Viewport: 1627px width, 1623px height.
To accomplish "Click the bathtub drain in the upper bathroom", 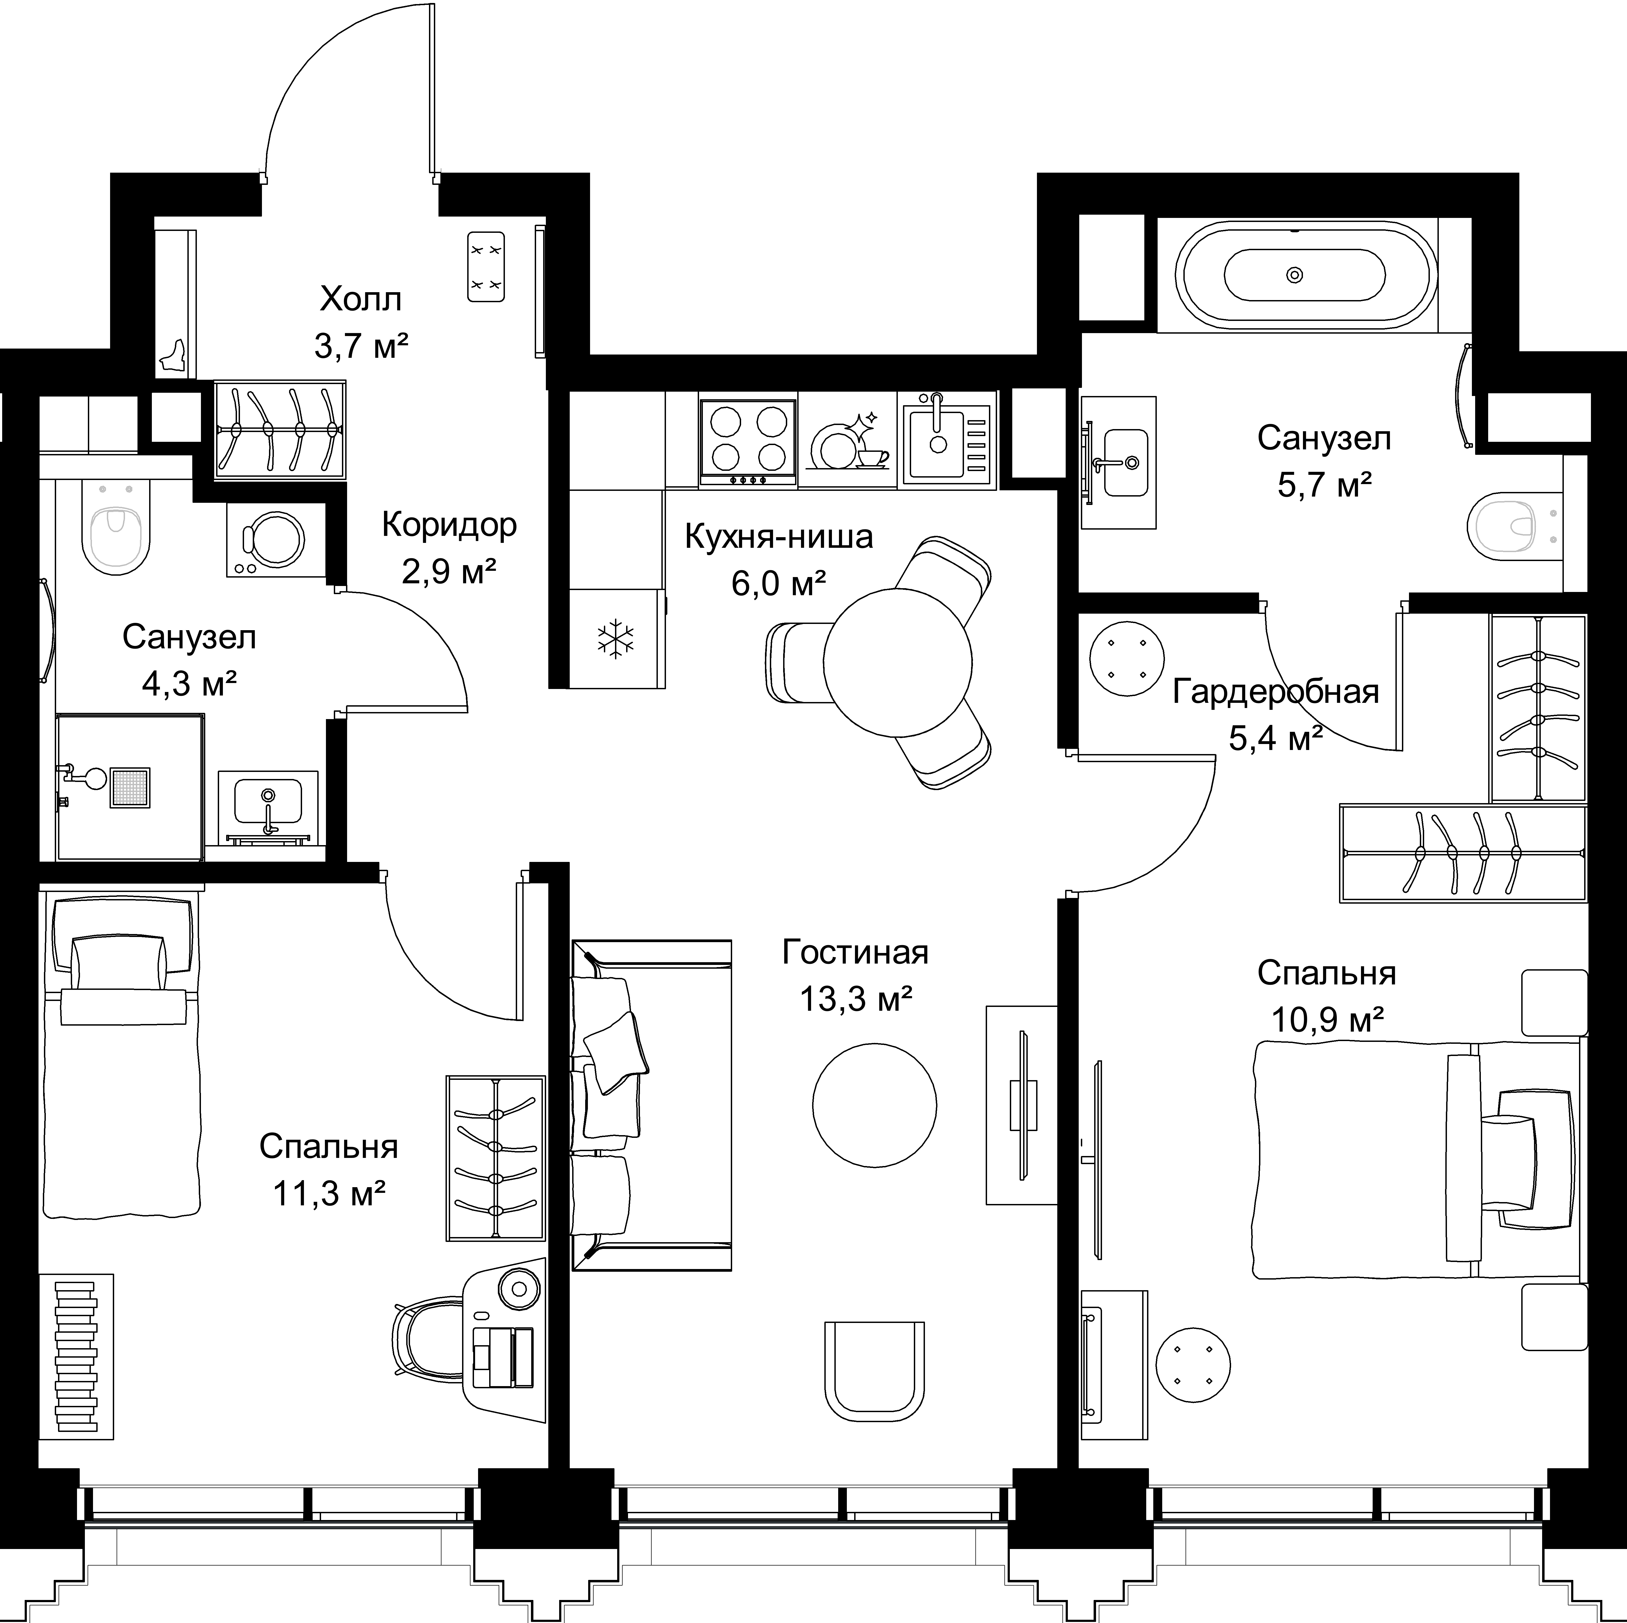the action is (1295, 274).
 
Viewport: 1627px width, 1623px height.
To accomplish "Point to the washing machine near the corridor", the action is (276, 540).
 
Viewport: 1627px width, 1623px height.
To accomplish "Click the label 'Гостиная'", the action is (855, 952).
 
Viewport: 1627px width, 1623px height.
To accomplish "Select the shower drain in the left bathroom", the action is (130, 788).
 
